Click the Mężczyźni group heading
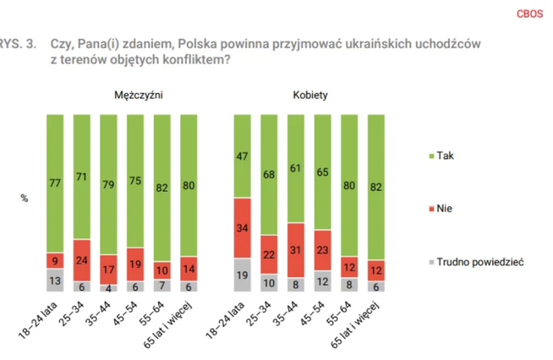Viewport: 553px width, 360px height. tap(139, 95)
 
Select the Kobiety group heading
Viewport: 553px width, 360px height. tap(310, 95)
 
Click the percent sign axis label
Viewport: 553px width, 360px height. tap(25, 199)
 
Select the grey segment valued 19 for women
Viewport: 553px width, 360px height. tap(244, 275)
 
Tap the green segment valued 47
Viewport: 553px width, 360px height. tap(244, 155)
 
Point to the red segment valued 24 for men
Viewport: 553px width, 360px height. tap(83, 259)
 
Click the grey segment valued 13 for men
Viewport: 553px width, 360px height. tap(56, 281)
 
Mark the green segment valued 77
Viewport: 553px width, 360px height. tap(56, 182)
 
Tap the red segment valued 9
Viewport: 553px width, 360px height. tap(56, 260)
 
